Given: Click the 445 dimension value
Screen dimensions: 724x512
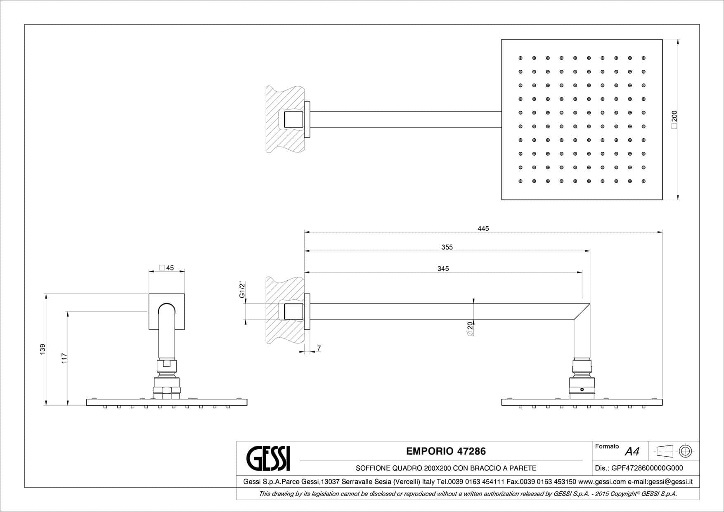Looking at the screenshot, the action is pyautogui.click(x=483, y=229).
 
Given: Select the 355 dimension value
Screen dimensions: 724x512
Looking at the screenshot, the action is pyautogui.click(x=447, y=247).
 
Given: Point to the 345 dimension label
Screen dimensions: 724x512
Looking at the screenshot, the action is pyautogui.click(x=443, y=269).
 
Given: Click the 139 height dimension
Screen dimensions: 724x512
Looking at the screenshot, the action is pyautogui.click(x=43, y=349).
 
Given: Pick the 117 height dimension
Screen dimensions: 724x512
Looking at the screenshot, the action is pyautogui.click(x=64, y=358).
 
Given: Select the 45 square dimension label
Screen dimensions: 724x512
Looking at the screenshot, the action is pyautogui.click(x=167, y=268).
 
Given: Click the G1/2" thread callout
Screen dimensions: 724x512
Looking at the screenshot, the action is pyautogui.click(x=242, y=290).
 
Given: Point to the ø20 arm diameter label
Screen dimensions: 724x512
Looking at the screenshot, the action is pyautogui.click(x=470, y=328).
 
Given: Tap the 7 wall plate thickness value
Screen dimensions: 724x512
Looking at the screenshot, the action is pyautogui.click(x=319, y=348).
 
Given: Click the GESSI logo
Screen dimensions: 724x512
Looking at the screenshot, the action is pyautogui.click(x=268, y=458).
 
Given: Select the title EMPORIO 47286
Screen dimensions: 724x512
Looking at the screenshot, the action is pyautogui.click(x=446, y=451).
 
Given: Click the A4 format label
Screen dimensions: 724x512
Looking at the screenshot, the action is pyautogui.click(x=632, y=452).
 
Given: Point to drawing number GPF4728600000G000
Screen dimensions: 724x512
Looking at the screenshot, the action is pyautogui.click(x=647, y=468).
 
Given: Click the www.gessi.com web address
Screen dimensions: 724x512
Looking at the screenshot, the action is pyautogui.click(x=602, y=482).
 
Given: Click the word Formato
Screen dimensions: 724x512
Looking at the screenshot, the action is pyautogui.click(x=607, y=446).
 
